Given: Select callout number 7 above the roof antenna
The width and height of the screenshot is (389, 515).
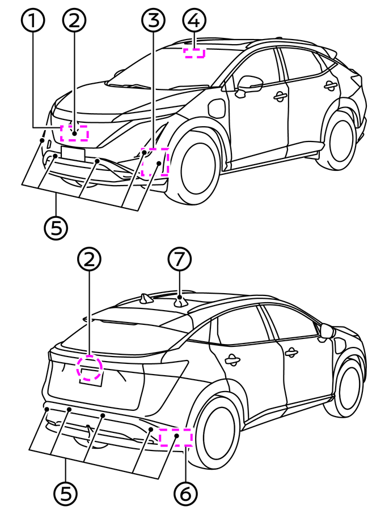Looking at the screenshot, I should click(x=180, y=260).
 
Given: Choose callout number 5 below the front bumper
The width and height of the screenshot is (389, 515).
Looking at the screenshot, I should click(x=56, y=228).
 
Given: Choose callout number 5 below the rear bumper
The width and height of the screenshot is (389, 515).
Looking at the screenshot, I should click(x=65, y=493).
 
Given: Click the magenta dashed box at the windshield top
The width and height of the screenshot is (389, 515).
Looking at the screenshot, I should click(x=195, y=53).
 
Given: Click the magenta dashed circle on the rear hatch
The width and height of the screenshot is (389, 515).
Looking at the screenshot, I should click(x=90, y=368).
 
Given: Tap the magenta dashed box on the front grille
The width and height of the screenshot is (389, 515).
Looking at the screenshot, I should click(x=74, y=133).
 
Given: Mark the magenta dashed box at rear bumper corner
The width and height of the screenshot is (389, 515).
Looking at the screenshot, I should click(x=176, y=437).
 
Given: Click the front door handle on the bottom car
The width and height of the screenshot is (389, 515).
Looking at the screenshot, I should click(x=291, y=352).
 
